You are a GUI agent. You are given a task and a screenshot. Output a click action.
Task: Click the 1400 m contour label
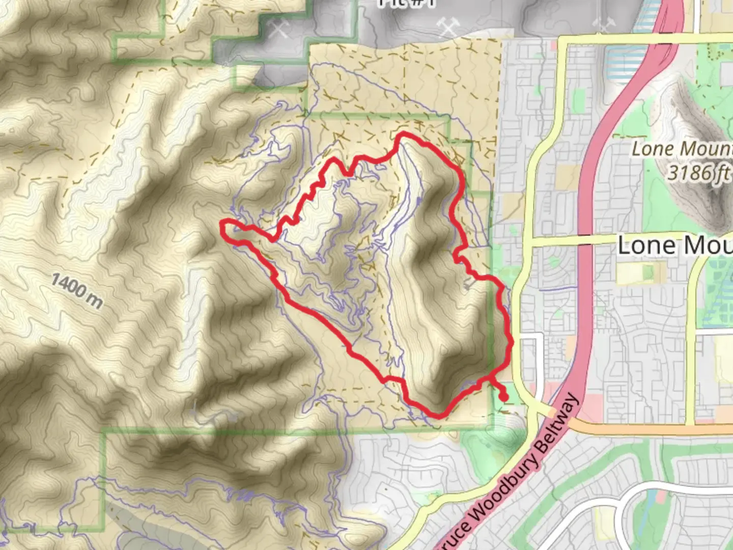[77, 291]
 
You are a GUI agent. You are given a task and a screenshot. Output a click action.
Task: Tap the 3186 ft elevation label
[699, 173]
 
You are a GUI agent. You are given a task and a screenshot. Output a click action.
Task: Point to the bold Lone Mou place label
[675, 245]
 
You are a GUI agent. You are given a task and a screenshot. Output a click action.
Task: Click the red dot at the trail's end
[503, 397]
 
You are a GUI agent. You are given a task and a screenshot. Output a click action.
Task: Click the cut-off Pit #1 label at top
[406, 4]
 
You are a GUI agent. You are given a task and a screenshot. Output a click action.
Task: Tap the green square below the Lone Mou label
[648, 272]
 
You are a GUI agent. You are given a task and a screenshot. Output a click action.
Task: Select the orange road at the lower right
[652, 429]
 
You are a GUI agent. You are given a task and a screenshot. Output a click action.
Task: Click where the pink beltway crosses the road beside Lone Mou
[585, 239]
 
